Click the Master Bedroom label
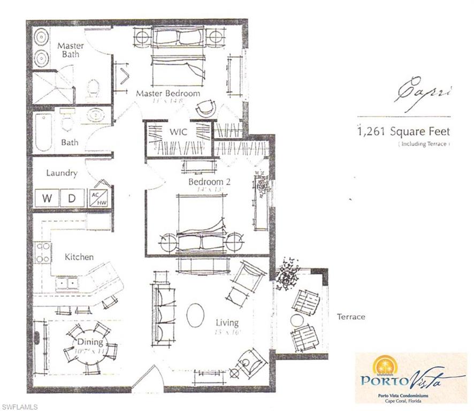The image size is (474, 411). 168,93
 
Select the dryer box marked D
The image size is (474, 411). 72,198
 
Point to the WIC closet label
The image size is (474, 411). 178,132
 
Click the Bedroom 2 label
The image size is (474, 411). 209,182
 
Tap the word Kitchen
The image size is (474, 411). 79,257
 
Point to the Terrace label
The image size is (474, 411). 350,317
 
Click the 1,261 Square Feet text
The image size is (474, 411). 403,131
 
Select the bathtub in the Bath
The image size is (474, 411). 43,132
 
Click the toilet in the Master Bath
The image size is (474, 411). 93,89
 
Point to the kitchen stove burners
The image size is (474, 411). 43,252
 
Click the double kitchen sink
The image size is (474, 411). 67,282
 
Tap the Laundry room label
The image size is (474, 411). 62,173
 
